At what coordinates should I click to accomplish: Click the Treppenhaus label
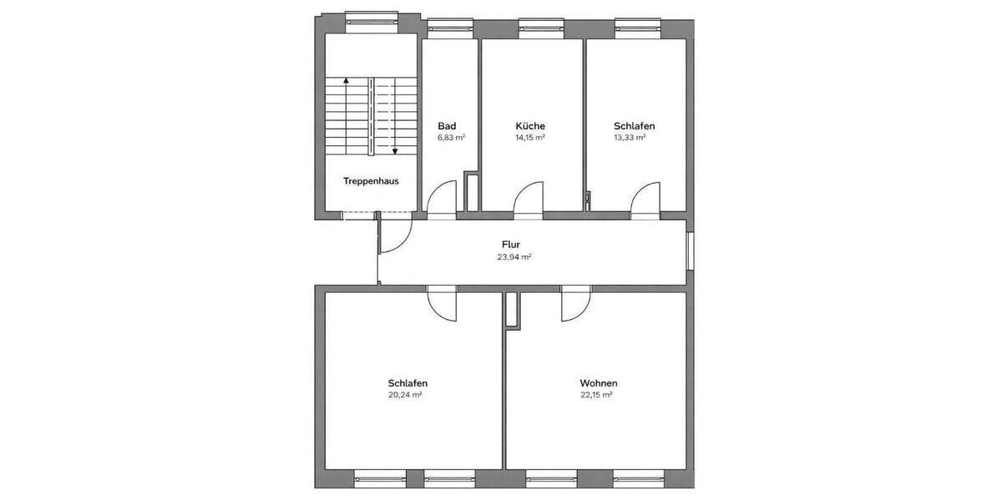pyautogui.click(x=370, y=180)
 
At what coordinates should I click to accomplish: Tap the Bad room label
pyautogui.click(x=446, y=126)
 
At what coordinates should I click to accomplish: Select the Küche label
pyautogui.click(x=529, y=126)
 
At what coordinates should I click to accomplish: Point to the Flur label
pyautogui.click(x=511, y=245)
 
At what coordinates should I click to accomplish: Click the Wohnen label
pyautogui.click(x=599, y=383)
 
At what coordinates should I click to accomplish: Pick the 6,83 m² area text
pyautogui.click(x=451, y=138)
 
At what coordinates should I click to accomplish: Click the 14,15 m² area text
pyautogui.click(x=529, y=138)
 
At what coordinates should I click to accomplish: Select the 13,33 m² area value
pyautogui.click(x=630, y=138)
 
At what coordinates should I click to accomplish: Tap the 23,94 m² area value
pyautogui.click(x=514, y=257)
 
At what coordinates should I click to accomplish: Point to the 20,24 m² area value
pyautogui.click(x=404, y=395)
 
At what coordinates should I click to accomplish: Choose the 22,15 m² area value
pyautogui.click(x=596, y=395)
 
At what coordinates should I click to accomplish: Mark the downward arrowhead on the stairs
pyautogui.click(x=395, y=151)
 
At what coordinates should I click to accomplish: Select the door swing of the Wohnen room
pyautogui.click(x=575, y=306)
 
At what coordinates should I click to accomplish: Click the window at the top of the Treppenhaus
pyautogui.click(x=372, y=18)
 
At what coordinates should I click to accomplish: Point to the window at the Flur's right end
pyautogui.click(x=690, y=250)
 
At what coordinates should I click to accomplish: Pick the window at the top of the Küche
pyautogui.click(x=532, y=28)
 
